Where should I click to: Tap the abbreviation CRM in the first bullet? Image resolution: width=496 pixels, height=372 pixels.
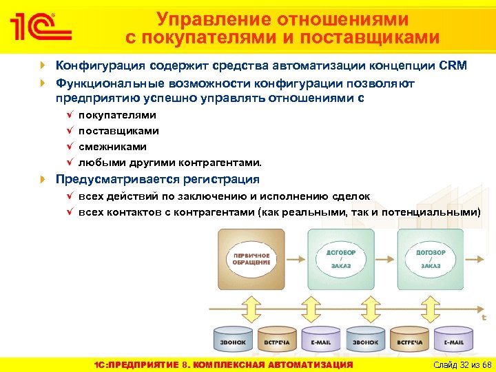(453, 66)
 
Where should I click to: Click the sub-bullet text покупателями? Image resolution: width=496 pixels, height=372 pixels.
(117, 114)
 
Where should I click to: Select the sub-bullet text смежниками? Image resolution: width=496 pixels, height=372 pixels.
(112, 147)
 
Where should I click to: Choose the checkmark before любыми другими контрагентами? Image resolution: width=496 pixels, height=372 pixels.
(70, 163)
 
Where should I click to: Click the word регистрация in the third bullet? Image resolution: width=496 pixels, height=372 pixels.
(221, 179)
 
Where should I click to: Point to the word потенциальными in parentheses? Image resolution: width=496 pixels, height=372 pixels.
(433, 212)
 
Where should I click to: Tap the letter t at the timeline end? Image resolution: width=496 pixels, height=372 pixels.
(484, 318)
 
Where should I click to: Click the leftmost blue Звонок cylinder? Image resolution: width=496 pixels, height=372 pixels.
(232, 340)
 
